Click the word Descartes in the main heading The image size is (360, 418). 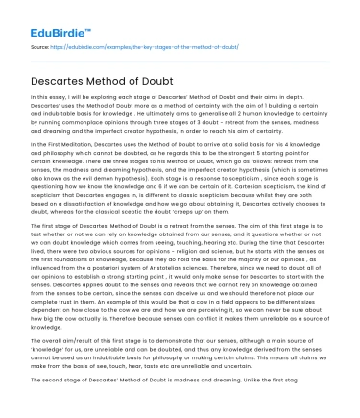coord(68,72)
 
